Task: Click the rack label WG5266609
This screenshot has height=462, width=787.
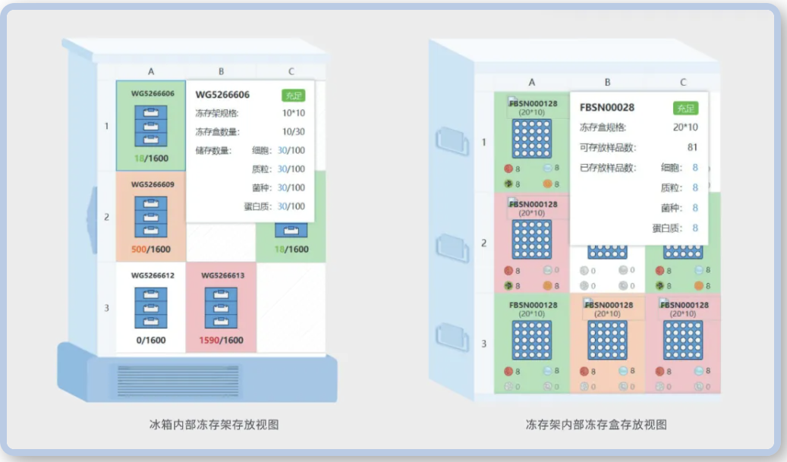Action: tap(151, 184)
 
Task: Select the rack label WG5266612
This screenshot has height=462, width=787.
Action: tap(151, 275)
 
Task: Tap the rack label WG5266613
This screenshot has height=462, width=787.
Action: tap(221, 275)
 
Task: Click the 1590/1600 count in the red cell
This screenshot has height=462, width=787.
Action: tap(221, 341)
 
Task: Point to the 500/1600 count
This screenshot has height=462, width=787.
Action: tap(151, 250)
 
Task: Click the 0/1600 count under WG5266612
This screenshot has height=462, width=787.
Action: tap(151, 341)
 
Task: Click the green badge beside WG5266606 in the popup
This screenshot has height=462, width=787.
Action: tap(293, 95)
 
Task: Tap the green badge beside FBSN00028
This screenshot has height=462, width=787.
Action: tap(685, 108)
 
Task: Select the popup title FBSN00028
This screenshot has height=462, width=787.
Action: tap(606, 108)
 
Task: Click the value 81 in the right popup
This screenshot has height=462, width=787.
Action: tap(691, 147)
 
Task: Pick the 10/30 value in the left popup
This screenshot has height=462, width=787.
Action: tap(293, 132)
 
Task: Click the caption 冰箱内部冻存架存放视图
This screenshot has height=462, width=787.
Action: tap(214, 425)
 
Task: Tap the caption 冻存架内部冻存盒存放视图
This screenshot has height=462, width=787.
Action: tap(597, 425)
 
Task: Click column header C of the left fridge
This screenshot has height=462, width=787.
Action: tap(291, 72)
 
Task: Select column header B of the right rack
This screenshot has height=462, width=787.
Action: tap(607, 83)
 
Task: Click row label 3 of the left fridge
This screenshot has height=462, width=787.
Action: tap(106, 308)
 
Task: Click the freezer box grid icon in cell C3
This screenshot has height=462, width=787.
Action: tap(683, 340)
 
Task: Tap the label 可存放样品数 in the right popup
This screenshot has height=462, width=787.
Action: tap(608, 147)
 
